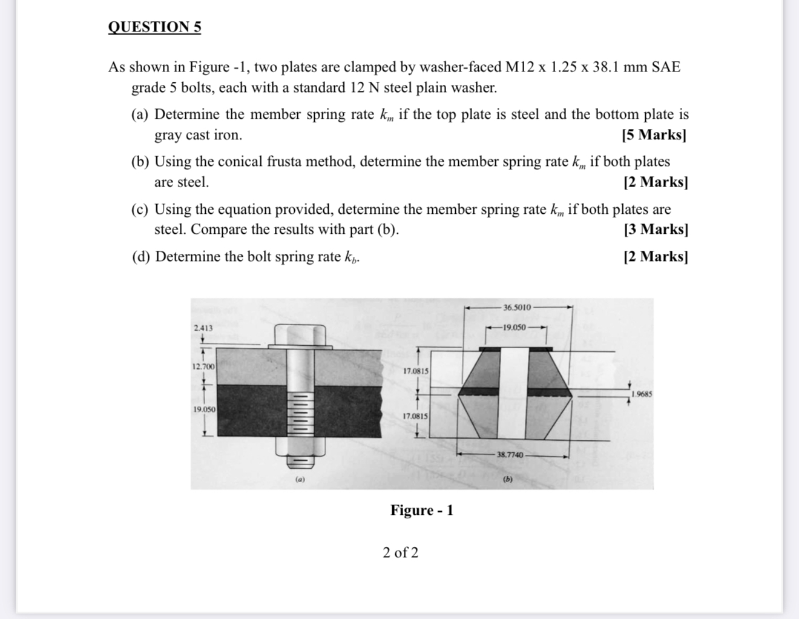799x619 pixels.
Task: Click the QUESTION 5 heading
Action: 154,27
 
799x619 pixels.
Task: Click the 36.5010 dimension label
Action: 517,308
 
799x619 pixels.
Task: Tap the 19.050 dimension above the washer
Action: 515,327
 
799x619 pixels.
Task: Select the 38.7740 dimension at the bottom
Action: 510,454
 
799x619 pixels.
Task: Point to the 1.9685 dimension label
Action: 641,394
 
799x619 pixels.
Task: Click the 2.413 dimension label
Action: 203,328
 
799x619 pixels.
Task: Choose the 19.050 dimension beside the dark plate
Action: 204,409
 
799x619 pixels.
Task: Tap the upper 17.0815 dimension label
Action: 416,371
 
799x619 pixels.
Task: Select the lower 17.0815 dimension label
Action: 416,416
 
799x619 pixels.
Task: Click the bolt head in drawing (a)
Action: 300,334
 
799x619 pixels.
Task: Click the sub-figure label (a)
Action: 300,479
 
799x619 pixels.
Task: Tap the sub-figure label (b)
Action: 508,479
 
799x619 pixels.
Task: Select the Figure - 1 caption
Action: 421,511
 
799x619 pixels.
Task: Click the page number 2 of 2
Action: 400,552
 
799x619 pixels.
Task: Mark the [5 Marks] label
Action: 654,135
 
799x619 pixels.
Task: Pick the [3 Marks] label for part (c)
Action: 655,230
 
